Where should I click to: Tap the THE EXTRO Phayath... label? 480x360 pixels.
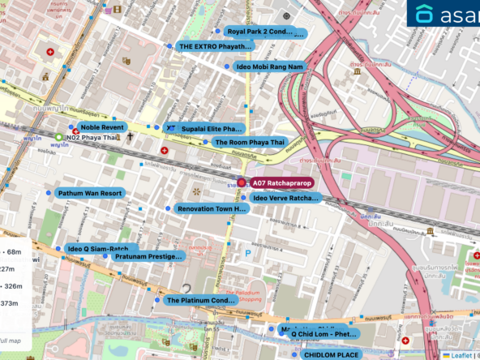click(x=215, y=47)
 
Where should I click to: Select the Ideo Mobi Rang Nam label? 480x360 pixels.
click(x=269, y=66)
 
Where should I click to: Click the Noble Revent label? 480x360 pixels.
click(x=102, y=127)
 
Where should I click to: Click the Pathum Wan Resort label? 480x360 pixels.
click(x=89, y=193)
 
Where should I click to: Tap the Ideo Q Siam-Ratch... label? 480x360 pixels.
click(x=98, y=248)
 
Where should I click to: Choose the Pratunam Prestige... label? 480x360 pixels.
click(x=148, y=256)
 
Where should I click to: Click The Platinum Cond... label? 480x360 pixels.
click(x=200, y=300)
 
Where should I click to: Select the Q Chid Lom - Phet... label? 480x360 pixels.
click(x=324, y=333)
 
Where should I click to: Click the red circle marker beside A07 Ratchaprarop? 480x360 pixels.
click(x=241, y=183)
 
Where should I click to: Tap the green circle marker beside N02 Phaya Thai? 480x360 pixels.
click(x=59, y=138)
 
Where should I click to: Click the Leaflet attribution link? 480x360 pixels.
click(x=461, y=354)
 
